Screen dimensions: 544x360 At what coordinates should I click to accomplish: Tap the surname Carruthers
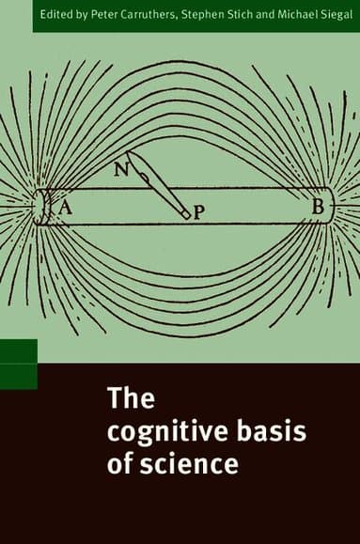[x=149, y=15]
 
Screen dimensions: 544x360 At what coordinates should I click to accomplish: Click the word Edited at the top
[x=53, y=15]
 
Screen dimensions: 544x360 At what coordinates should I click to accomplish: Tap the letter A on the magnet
[x=66, y=209]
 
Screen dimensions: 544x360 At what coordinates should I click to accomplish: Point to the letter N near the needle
[x=120, y=170]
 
